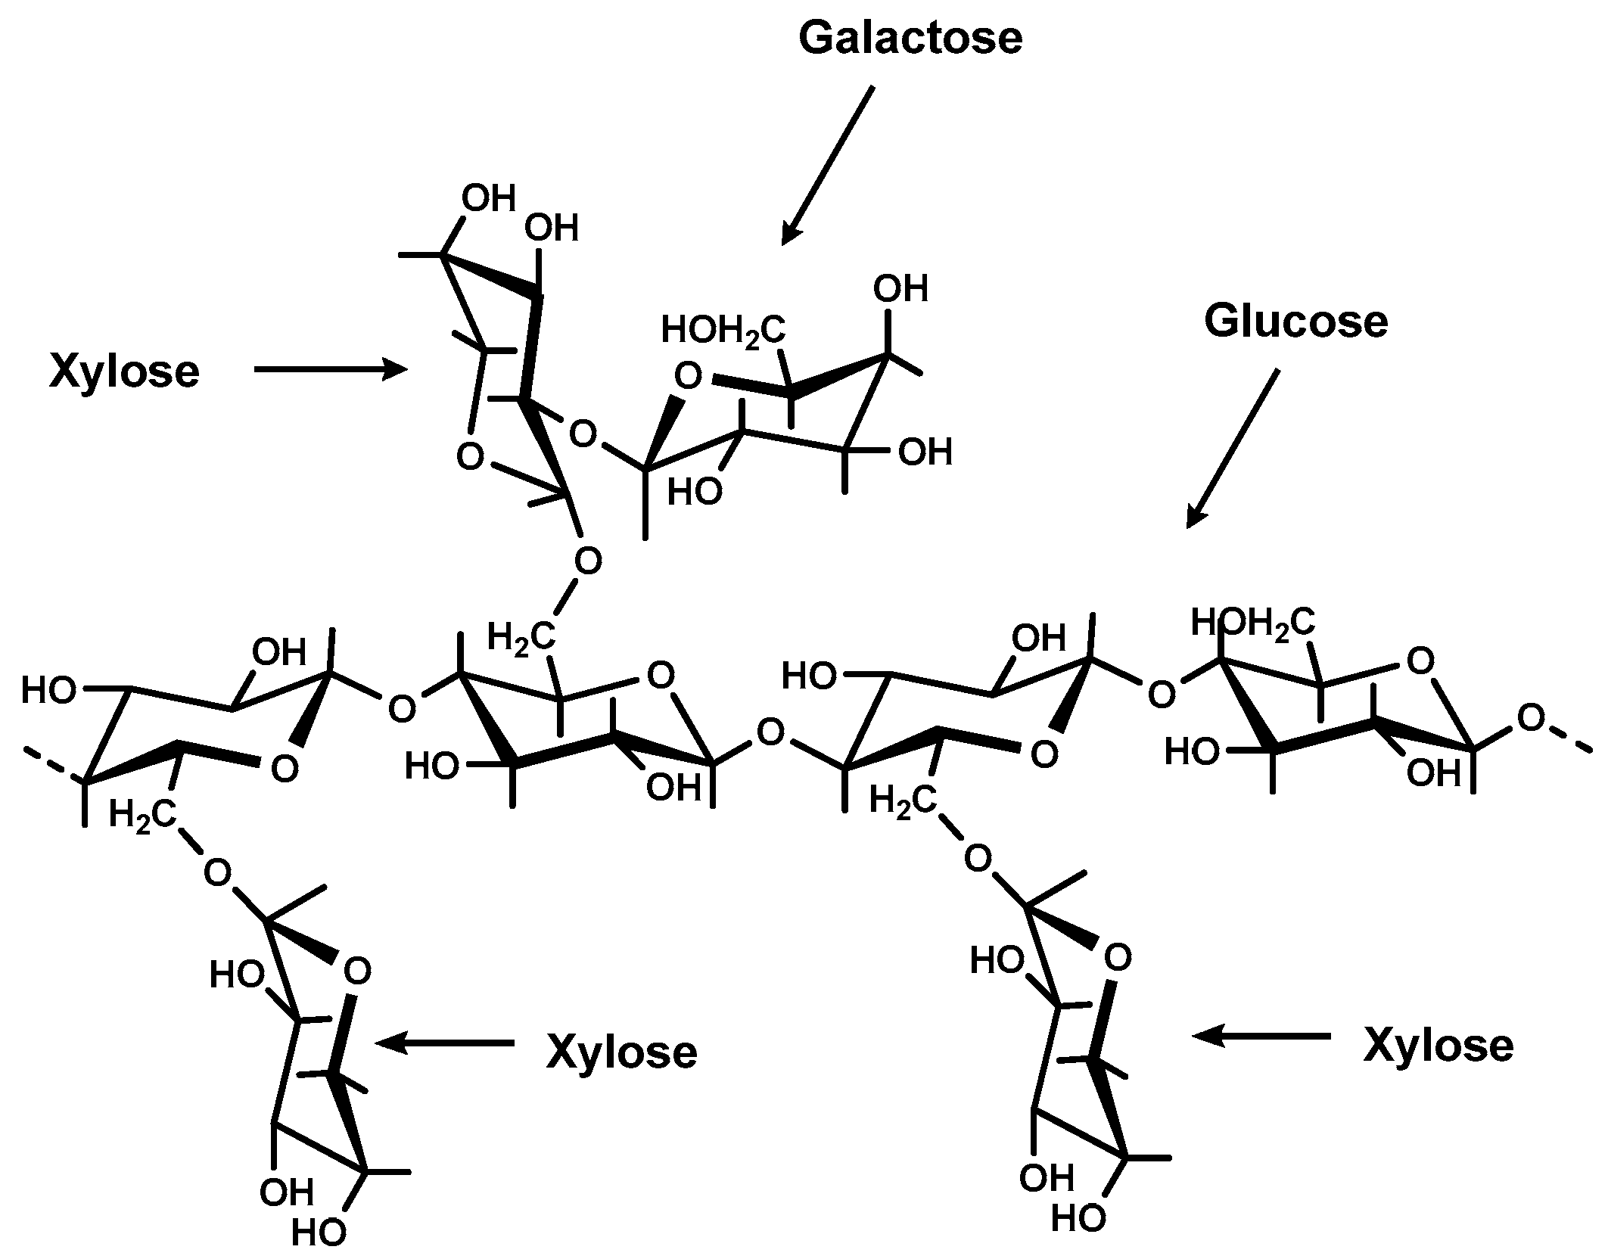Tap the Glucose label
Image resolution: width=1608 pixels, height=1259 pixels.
(1295, 321)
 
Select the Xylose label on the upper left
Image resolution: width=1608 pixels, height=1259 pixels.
(125, 371)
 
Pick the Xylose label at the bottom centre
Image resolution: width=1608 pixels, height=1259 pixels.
(621, 1052)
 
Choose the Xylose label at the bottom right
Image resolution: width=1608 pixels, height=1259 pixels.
(1438, 1046)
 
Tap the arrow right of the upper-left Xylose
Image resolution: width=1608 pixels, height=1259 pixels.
(331, 369)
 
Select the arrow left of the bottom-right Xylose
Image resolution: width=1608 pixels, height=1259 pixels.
(1261, 1036)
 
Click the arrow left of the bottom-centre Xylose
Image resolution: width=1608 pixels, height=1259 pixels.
(445, 1043)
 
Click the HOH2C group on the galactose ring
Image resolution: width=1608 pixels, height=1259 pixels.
(723, 331)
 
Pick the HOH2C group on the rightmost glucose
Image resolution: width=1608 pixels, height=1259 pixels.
(1252, 623)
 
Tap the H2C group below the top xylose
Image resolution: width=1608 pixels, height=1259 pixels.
(521, 636)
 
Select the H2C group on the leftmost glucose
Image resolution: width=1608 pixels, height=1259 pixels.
(143, 815)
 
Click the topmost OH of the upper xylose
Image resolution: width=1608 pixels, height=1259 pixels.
(489, 199)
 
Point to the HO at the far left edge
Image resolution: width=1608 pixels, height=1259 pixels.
(48, 690)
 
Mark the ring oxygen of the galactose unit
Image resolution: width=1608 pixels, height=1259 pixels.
(688, 376)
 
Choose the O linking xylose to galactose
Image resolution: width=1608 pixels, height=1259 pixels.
(583, 435)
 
